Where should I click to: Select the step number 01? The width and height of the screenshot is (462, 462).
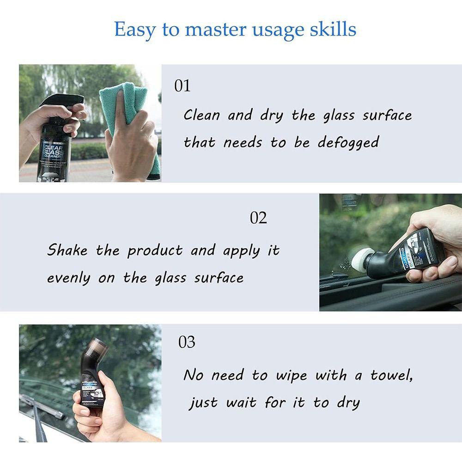182,86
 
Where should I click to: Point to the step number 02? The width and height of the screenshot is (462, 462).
258,218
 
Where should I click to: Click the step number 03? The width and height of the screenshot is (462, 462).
187,343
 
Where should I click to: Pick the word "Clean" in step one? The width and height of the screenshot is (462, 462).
201,115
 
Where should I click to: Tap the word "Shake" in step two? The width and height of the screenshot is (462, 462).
67,250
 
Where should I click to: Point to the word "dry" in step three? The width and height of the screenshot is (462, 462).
348,403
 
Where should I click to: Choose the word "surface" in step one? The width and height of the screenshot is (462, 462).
387,115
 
